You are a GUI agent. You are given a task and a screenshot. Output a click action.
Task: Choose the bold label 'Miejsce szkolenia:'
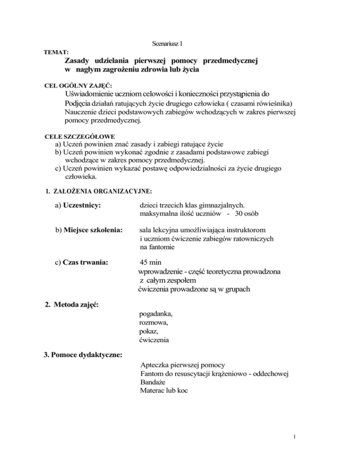[x=90, y=231]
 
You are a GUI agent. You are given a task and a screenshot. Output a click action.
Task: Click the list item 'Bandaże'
[x=153, y=381]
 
